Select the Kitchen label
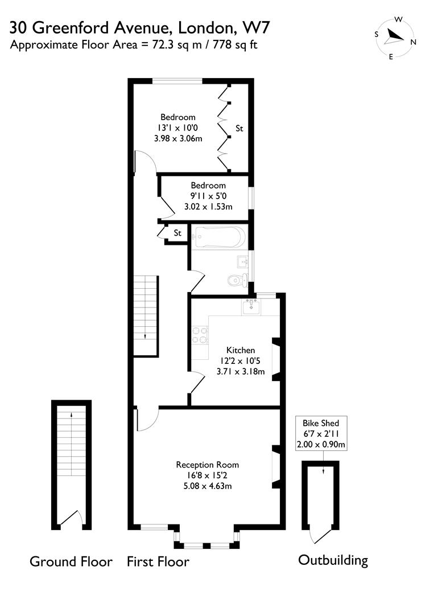(x=241, y=350)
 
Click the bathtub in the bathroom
(x=219, y=236)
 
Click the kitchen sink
(x=251, y=308)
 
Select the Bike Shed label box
(x=321, y=434)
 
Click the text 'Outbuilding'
(x=333, y=560)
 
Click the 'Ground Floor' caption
(x=71, y=562)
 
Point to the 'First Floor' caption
(x=158, y=562)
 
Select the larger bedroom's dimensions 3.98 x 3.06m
(x=177, y=138)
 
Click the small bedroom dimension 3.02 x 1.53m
(x=208, y=207)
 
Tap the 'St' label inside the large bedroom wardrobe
(x=239, y=129)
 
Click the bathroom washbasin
(x=242, y=263)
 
